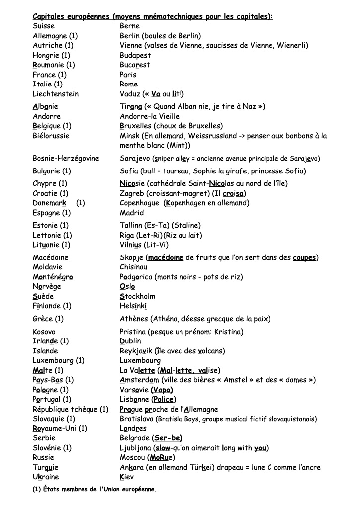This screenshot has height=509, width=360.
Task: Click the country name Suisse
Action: (x=44, y=26)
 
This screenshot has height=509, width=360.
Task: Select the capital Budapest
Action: (x=135, y=55)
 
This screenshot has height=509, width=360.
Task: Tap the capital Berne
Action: (x=130, y=26)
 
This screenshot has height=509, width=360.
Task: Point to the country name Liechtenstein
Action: (x=56, y=94)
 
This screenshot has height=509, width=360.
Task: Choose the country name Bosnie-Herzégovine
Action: (x=66, y=159)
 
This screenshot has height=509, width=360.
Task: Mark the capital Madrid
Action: (x=132, y=213)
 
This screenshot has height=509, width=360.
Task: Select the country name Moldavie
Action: (x=48, y=267)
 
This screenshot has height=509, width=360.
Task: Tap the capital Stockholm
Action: (x=137, y=296)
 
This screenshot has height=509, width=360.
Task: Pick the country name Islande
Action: (x=45, y=351)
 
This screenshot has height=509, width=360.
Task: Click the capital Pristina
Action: (x=134, y=332)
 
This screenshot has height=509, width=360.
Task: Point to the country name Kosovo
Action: (x=44, y=332)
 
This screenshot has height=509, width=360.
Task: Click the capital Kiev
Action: (x=127, y=477)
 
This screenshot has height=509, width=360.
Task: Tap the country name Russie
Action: (x=43, y=457)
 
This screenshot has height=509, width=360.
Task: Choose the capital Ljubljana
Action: (x=135, y=448)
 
